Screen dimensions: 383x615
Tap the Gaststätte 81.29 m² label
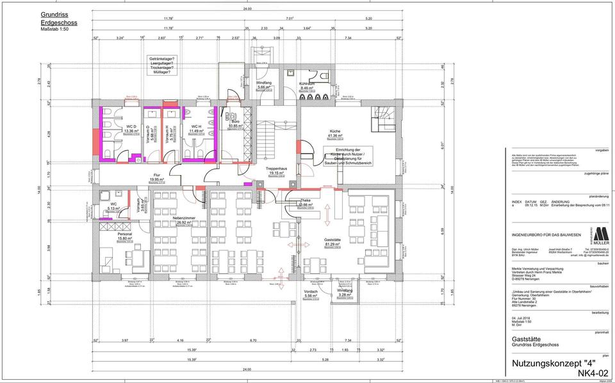tap(332, 241)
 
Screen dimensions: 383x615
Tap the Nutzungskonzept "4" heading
tap(550, 363)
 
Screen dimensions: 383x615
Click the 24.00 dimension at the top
tap(247, 9)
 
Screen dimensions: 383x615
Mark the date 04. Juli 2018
tap(524, 318)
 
